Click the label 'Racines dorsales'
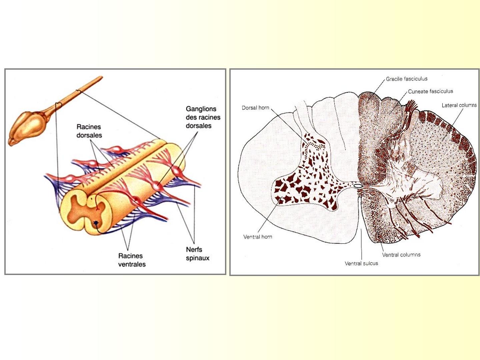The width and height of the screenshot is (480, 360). (89, 131)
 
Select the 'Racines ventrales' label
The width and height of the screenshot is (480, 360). (132, 260)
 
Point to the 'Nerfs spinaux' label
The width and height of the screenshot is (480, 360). (198, 254)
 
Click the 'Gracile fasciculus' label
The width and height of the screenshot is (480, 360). (407, 79)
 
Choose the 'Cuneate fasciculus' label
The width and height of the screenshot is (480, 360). (430, 91)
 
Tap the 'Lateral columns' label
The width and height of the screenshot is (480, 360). (459, 105)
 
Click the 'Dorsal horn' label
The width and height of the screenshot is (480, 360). (255, 108)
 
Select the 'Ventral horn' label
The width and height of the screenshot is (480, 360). (258, 237)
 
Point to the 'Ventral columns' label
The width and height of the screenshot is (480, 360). (401, 255)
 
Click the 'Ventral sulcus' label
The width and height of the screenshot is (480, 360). (361, 263)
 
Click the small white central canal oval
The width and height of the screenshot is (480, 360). (358, 186)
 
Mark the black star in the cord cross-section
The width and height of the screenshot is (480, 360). (96, 223)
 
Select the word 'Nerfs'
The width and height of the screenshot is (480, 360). (194, 249)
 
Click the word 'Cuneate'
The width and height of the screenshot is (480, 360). (418, 91)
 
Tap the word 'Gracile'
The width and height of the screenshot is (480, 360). (394, 79)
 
